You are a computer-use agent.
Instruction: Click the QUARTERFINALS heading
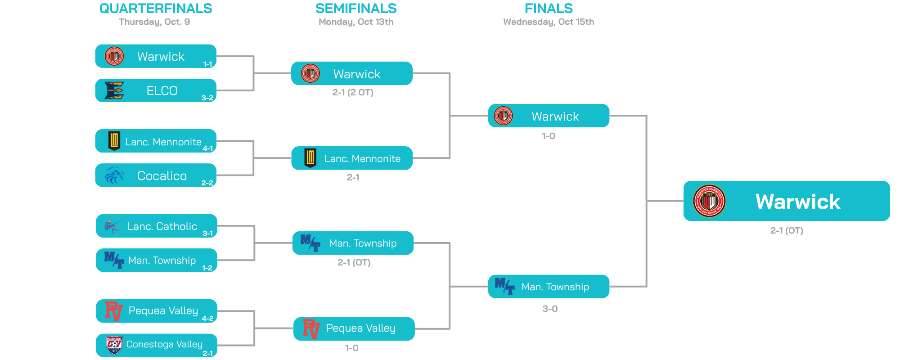click(x=155, y=9)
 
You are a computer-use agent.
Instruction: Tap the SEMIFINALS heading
click(x=356, y=9)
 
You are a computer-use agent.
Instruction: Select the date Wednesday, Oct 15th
click(x=549, y=22)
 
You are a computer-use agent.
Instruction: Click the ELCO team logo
click(x=114, y=90)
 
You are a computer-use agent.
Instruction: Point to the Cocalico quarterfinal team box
click(x=156, y=175)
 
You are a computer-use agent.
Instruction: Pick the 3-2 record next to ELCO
click(x=207, y=98)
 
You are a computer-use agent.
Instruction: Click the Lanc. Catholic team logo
click(x=112, y=225)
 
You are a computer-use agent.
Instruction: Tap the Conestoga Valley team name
click(x=164, y=344)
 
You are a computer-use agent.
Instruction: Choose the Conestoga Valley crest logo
click(x=114, y=345)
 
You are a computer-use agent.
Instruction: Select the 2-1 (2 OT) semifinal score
click(x=353, y=93)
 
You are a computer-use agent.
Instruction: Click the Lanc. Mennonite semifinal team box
click(x=352, y=158)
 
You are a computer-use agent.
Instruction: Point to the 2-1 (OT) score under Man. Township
click(x=354, y=262)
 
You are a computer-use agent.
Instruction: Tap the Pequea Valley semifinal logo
click(x=311, y=328)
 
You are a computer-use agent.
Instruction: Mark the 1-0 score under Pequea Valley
click(x=351, y=348)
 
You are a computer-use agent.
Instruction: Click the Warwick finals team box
click(x=549, y=116)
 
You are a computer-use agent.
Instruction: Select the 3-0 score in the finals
click(x=550, y=309)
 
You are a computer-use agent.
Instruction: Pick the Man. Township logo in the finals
click(x=504, y=286)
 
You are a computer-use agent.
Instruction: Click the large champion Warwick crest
click(x=709, y=201)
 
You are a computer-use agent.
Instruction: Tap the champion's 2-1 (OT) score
click(x=787, y=231)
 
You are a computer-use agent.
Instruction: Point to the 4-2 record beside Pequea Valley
click(x=207, y=318)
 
